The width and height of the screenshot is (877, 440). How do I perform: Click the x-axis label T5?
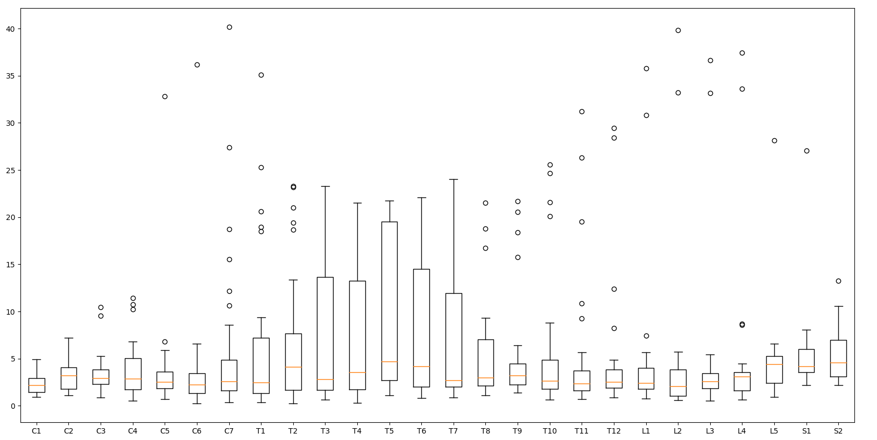pos(389,431)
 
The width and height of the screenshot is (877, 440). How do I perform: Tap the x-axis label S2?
pos(838,431)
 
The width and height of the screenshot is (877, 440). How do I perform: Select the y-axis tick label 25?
pos(10,171)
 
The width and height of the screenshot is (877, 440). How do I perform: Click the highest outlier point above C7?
pos(229,27)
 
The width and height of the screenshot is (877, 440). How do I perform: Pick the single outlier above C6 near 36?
pos(197,65)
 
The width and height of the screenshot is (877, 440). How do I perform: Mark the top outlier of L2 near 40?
pos(678,31)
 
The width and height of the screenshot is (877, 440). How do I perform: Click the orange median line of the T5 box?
pos(390,361)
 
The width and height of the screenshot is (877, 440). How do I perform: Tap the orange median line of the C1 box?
pos(37,386)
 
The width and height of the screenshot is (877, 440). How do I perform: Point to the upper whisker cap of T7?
pos(454,179)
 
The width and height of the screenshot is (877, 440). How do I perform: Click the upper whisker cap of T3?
pos(326,186)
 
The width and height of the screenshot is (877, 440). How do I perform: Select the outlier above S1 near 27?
pos(807,151)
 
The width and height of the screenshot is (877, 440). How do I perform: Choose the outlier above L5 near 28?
pos(774,141)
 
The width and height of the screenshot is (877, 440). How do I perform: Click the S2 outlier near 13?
pos(838,281)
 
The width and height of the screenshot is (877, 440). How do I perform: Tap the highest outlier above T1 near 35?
pos(261,75)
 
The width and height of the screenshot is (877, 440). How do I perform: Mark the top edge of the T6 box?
pos(422,269)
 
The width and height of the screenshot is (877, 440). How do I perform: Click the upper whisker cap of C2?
pos(69,338)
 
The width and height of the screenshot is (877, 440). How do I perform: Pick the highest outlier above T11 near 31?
pos(582,112)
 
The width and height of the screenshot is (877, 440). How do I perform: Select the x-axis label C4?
pos(133,431)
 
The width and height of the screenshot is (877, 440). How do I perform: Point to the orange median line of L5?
pos(774,365)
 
